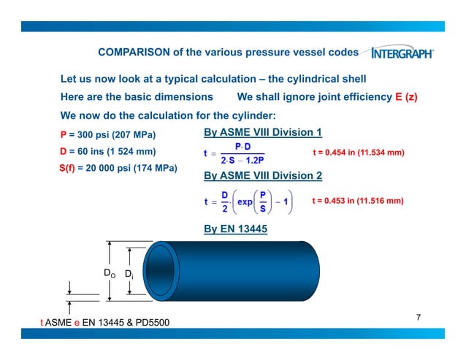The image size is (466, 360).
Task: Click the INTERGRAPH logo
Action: [x=402, y=53]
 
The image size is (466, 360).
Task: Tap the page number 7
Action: [x=419, y=316]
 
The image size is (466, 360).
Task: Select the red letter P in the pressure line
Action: [x=64, y=135]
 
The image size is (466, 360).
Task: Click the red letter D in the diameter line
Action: [x=63, y=152]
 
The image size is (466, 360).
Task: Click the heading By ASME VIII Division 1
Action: [x=262, y=132]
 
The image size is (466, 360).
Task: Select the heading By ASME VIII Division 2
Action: [x=262, y=175]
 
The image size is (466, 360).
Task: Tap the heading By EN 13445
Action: [x=235, y=229]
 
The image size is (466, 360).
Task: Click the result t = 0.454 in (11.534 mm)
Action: [x=358, y=153]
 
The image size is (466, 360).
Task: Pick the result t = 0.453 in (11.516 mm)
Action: [x=358, y=200]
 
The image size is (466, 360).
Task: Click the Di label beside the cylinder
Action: [x=129, y=275]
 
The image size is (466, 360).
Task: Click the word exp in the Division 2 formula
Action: [x=245, y=201]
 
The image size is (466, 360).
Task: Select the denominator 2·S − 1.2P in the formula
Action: [x=242, y=159]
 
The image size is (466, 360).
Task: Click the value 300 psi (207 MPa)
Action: [x=113, y=135]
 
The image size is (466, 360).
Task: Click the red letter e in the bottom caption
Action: [x=77, y=321]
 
